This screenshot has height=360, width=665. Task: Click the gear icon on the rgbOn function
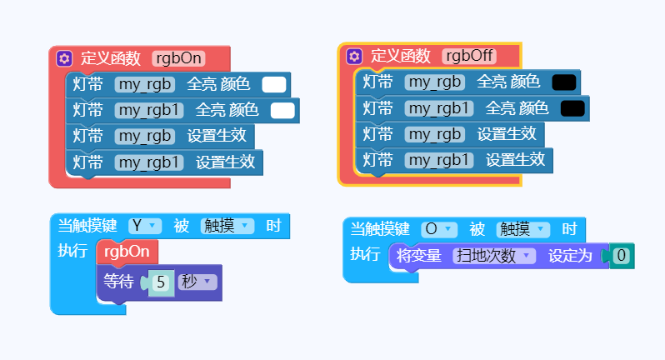click(x=64, y=58)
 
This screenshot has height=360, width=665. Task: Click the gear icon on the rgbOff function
click(x=354, y=56)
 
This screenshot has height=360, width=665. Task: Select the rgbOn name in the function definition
click(x=178, y=58)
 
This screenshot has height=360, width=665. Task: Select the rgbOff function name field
click(x=469, y=56)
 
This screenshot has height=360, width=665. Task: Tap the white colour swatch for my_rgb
click(x=274, y=85)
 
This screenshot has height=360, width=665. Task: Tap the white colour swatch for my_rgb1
click(x=282, y=111)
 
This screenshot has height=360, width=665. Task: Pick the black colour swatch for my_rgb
click(x=564, y=82)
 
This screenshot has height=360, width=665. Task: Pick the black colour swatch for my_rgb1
click(x=572, y=108)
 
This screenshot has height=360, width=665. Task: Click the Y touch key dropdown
click(x=145, y=226)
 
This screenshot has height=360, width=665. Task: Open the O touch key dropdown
click(x=439, y=229)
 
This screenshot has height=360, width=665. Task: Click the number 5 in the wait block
click(x=161, y=282)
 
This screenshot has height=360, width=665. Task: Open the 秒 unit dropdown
click(x=197, y=282)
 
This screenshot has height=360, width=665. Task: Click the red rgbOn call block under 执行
click(x=127, y=252)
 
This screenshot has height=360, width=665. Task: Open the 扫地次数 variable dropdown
click(x=494, y=256)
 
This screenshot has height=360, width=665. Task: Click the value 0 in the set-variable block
click(x=622, y=256)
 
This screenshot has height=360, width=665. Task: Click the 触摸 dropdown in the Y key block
click(x=227, y=226)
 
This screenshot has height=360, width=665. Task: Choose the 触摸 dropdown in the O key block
click(x=523, y=229)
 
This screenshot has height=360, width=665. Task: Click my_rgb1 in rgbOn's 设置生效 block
click(x=149, y=162)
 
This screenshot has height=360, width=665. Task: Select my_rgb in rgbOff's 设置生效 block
click(x=435, y=134)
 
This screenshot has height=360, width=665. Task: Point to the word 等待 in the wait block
click(x=118, y=282)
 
